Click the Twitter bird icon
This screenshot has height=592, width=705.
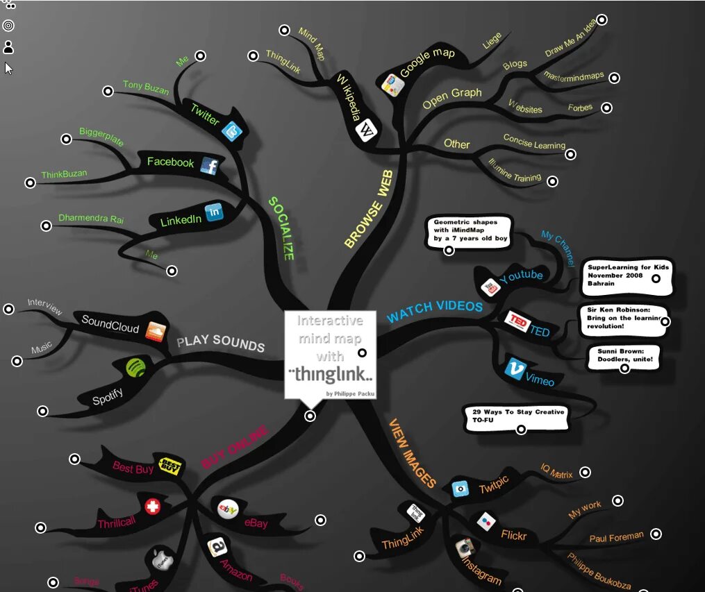click(x=232, y=130)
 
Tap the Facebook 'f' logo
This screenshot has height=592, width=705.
click(x=210, y=165)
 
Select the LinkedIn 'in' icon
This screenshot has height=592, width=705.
click(x=213, y=211)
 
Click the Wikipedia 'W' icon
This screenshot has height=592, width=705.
click(x=367, y=130)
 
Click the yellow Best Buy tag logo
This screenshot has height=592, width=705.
click(x=171, y=465)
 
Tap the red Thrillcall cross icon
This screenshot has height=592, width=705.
click(x=153, y=507)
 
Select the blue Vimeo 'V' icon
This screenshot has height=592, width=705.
click(x=515, y=369)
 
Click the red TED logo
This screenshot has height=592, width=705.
click(x=517, y=321)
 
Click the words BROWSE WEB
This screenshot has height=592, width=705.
click(x=369, y=209)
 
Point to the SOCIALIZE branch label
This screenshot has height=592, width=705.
click(x=281, y=228)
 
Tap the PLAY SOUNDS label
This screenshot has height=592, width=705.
click(x=220, y=343)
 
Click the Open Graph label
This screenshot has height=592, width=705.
click(x=452, y=98)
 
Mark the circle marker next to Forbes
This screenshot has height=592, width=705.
click(x=607, y=108)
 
